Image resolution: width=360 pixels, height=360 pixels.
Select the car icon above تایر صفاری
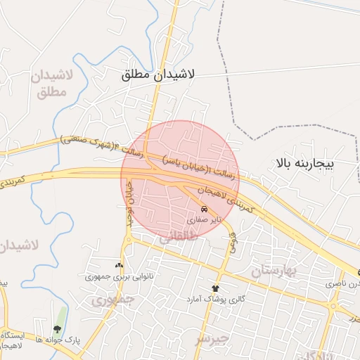(204, 210)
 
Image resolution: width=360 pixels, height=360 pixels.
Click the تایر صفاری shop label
(203, 220)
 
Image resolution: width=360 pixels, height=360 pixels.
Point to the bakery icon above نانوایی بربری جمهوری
(118, 266)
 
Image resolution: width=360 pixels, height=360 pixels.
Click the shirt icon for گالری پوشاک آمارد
(216, 288)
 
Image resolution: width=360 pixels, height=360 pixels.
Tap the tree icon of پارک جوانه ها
(56, 328)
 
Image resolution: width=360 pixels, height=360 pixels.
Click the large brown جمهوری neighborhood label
(112, 300)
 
